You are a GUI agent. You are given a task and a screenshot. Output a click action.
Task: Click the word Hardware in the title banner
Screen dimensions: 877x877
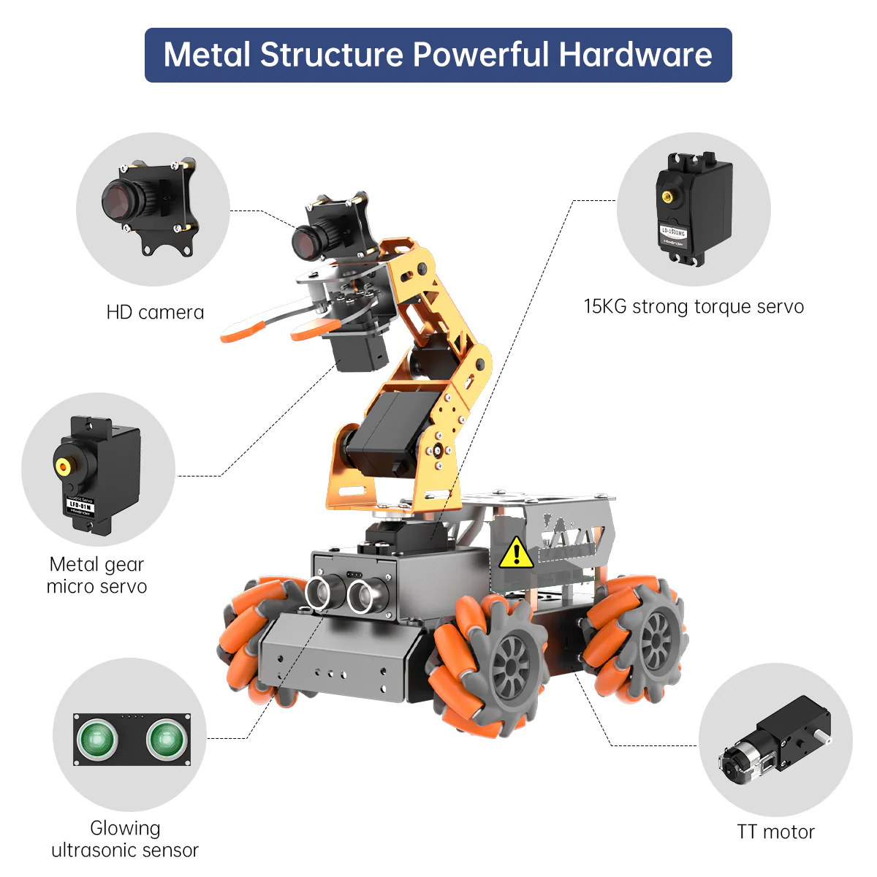coord(635,55)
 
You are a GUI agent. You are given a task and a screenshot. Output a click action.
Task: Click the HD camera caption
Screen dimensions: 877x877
coord(155,313)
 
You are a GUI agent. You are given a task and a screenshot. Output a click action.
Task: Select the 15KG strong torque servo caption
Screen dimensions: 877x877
coord(694,306)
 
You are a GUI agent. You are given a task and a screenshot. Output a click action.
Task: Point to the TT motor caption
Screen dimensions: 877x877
coord(775,832)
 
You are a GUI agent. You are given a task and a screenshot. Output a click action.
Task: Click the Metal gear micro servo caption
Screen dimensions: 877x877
coord(96,575)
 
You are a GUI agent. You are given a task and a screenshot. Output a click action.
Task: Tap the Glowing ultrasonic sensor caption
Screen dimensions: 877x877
coord(125,839)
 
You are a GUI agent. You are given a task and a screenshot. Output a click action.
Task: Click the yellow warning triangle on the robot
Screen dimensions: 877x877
coord(517,553)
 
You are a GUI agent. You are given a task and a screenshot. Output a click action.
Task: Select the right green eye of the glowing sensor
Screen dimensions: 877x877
coord(166,740)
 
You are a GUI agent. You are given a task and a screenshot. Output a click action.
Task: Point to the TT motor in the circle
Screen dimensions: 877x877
coord(775,741)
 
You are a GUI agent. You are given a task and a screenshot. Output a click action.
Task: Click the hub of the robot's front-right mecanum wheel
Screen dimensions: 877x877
coord(509,667)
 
